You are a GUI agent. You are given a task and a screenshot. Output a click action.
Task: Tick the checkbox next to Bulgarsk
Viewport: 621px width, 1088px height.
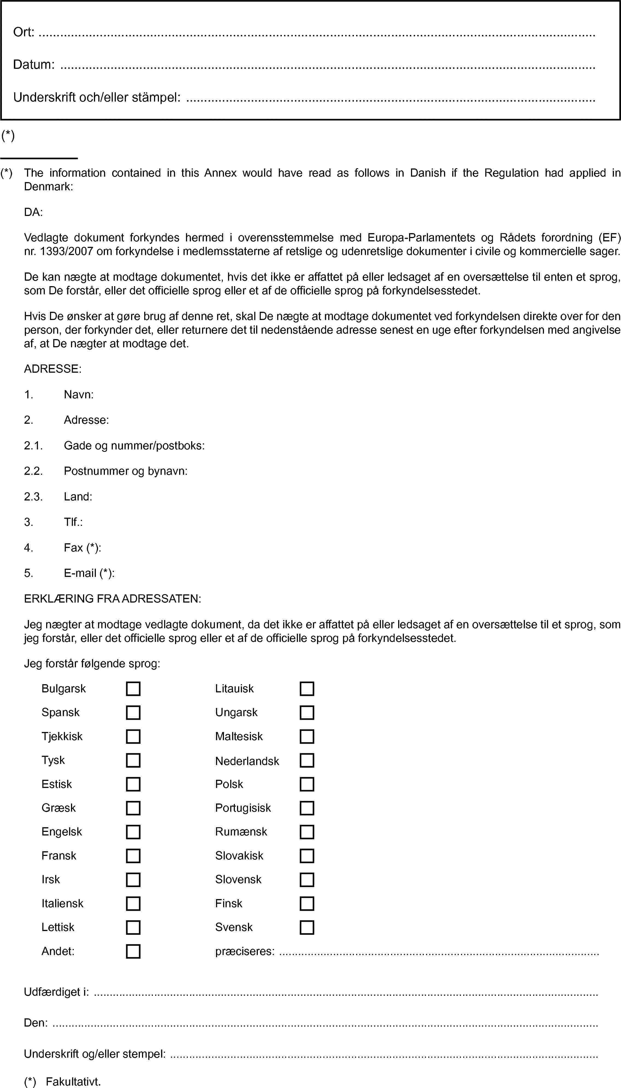(x=133, y=689)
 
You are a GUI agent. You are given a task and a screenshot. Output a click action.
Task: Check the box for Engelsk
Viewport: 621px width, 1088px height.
(x=133, y=832)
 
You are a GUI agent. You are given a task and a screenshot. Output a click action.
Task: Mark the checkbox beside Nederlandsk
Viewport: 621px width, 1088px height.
(x=307, y=761)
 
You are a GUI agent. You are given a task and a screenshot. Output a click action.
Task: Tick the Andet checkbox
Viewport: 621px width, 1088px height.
(x=133, y=951)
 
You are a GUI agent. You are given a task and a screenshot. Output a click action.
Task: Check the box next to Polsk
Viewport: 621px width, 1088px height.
(x=307, y=784)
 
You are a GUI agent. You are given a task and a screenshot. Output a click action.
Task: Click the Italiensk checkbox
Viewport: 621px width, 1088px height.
(x=133, y=904)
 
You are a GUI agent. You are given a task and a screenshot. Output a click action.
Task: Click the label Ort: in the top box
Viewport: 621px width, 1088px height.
(x=23, y=32)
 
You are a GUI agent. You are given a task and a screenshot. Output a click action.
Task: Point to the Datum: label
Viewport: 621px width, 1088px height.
(x=34, y=65)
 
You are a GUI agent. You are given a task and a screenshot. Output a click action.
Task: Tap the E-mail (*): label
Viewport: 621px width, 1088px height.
(x=89, y=573)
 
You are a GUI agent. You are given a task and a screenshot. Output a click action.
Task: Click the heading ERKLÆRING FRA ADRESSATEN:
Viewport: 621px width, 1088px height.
(x=113, y=598)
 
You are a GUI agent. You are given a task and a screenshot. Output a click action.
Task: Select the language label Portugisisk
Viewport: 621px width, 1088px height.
(x=243, y=808)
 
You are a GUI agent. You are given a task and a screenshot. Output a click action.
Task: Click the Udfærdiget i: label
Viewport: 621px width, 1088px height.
(x=56, y=992)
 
